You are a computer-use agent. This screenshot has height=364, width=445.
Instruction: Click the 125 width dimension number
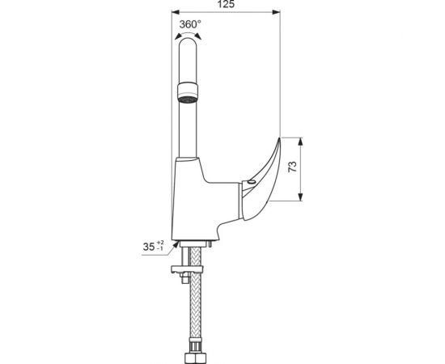pyautogui.click(x=226, y=4)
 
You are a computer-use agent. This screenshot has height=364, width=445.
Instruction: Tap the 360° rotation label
pyautogui.click(x=190, y=24)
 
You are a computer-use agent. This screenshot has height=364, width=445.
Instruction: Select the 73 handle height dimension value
pyautogui.click(x=292, y=167)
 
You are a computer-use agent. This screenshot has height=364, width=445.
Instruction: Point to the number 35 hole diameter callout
pyautogui.click(x=149, y=247)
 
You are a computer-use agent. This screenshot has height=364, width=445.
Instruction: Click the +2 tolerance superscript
pyautogui.click(x=160, y=243)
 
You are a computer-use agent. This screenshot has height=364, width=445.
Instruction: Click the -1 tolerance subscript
pyautogui.click(x=160, y=249)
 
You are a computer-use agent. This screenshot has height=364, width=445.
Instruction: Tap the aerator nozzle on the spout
pyautogui.click(x=188, y=92)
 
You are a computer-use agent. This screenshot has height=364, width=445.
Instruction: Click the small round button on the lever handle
pyautogui.click(x=252, y=182)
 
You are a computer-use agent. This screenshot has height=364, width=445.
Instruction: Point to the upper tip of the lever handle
pyautogui.click(x=280, y=138)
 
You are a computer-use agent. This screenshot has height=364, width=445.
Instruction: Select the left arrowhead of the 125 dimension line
pyautogui.click(x=176, y=12)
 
